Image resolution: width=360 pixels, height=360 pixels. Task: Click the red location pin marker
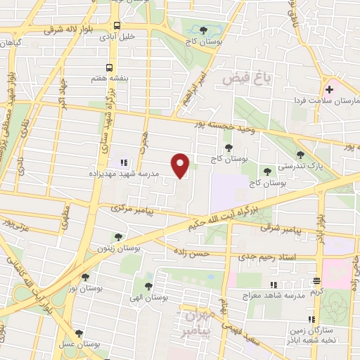click(x=182, y=165)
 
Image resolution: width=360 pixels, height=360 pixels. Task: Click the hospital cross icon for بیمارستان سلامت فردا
click(x=328, y=89)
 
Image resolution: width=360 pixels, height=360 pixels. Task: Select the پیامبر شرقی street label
click(x=282, y=229)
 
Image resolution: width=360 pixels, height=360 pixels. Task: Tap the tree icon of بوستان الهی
click(x=148, y=285)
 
